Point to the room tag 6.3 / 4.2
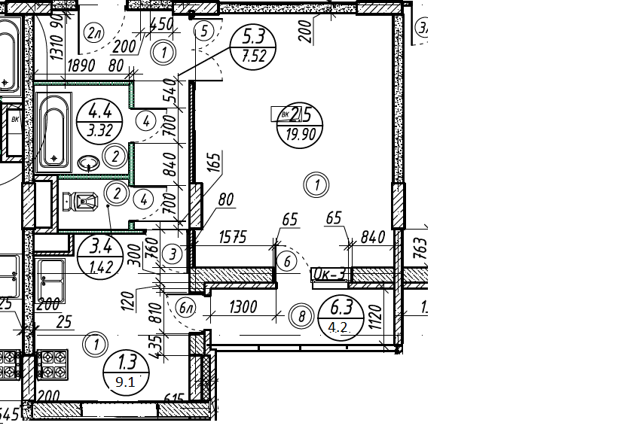[x=341, y=316]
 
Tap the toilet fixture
[x=81, y=201]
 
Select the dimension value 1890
[x=81, y=65]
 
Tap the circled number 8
[x=301, y=317]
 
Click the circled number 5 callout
[x=203, y=31]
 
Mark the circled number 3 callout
[x=173, y=254]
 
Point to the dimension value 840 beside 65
[x=373, y=237]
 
